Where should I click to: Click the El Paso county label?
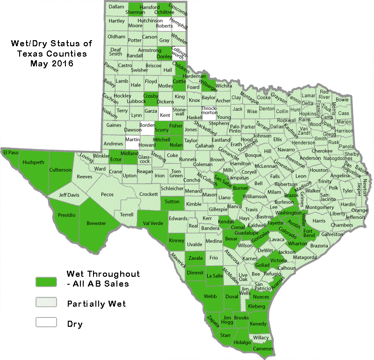pyautogui.click(x=11, y=152)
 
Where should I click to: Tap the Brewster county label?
pyautogui.click(x=96, y=223)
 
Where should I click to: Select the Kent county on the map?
pyautogui.click(x=165, y=115)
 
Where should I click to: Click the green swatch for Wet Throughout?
pyautogui.click(x=46, y=281)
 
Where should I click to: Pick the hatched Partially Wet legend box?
pyautogui.click(x=46, y=302)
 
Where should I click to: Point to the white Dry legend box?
pyautogui.click(x=46, y=322)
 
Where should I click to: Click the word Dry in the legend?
pyautogui.click(x=75, y=324)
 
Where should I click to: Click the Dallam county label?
pyautogui.click(x=115, y=7)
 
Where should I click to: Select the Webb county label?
pyautogui.click(x=210, y=296)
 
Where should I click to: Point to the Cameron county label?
pyautogui.click(x=262, y=349)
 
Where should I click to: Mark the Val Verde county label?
pyautogui.click(x=153, y=223)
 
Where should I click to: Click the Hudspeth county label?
pyautogui.click(x=31, y=162)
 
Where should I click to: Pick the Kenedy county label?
pyautogui.click(x=258, y=324)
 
